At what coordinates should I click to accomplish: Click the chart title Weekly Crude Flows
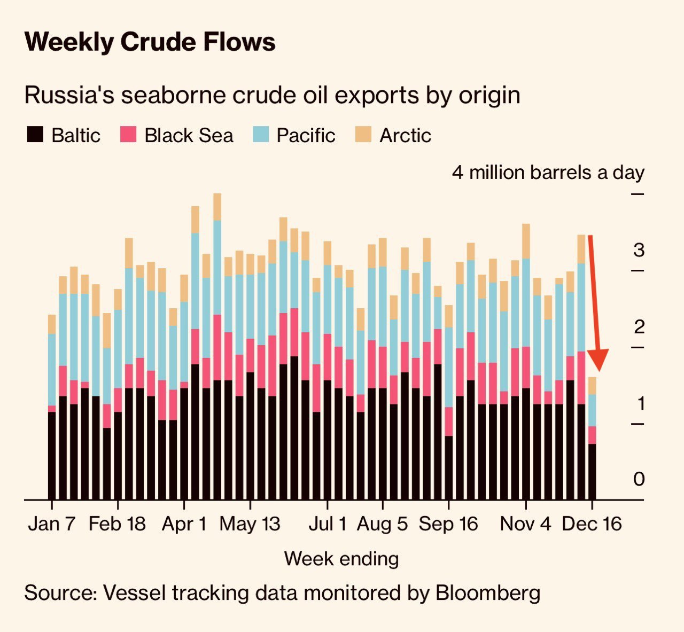[150, 42]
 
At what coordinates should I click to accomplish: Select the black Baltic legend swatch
[35, 135]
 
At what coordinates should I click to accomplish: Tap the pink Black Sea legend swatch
[128, 135]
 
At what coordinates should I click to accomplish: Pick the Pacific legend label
[306, 136]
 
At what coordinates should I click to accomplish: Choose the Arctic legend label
[405, 136]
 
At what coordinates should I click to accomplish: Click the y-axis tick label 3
[639, 249]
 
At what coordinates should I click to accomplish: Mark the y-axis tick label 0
[639, 479]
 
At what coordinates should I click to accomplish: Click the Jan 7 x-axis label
[52, 524]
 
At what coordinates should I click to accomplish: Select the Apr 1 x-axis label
[184, 524]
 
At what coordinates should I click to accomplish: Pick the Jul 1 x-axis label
[328, 524]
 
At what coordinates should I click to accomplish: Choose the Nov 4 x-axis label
[525, 524]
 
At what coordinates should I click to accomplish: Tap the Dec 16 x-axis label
[592, 524]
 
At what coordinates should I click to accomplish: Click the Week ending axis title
[341, 559]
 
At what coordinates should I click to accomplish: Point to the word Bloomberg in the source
[488, 593]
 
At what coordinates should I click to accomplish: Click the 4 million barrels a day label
[548, 173]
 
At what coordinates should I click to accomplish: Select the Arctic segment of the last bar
[592, 386]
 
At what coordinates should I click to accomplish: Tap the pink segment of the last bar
[592, 435]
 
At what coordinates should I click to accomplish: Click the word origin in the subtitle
[489, 96]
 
